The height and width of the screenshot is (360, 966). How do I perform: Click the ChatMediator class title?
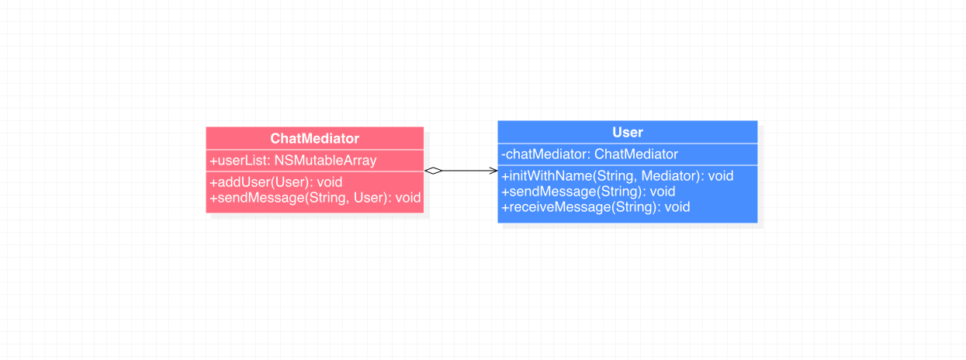[x=314, y=138]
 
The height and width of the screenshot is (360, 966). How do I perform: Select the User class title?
[x=628, y=133]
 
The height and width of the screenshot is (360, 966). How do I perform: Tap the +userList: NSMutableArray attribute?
[x=293, y=161]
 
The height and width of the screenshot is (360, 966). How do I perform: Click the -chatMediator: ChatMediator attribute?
[x=590, y=154]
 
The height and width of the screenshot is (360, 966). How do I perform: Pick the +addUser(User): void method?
[x=276, y=182]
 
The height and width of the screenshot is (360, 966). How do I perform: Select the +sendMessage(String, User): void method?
[x=315, y=198]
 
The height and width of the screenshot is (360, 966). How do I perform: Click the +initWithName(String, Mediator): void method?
[x=617, y=176]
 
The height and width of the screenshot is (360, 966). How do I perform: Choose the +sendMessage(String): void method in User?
[x=588, y=192]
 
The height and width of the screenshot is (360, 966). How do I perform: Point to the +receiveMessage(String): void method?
[x=596, y=207]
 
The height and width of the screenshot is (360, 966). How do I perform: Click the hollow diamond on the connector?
[x=434, y=171]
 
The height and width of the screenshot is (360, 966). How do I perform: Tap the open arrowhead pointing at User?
[x=493, y=171]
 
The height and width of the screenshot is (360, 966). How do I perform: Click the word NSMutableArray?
[x=326, y=161]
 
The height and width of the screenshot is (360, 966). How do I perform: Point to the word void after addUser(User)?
[x=330, y=182]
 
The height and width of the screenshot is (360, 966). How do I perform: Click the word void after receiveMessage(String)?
[x=677, y=207]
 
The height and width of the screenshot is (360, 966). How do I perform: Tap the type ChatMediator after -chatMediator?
[x=636, y=154]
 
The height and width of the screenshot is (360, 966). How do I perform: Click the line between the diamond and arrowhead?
[x=466, y=171]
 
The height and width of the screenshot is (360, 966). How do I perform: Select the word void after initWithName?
[x=721, y=176]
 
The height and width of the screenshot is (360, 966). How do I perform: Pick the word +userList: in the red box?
[x=240, y=161]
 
